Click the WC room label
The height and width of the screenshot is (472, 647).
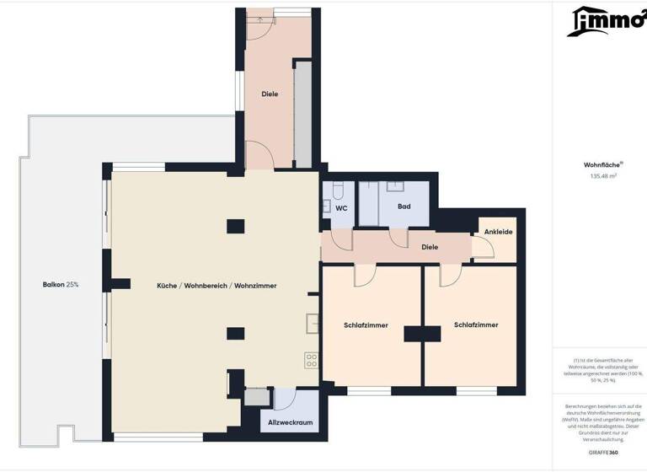click(x=341, y=207)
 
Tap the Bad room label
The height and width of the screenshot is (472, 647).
click(x=404, y=206)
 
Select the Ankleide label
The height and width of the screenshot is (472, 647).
click(x=498, y=232)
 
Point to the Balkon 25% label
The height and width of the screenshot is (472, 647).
click(x=61, y=285)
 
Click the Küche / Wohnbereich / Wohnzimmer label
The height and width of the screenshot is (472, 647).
click(x=217, y=286)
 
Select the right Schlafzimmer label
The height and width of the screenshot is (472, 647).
click(x=476, y=324)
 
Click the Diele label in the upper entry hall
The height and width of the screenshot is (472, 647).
click(x=270, y=94)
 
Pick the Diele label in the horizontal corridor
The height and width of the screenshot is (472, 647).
click(x=430, y=247)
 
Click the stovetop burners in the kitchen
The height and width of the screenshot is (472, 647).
click(x=312, y=360)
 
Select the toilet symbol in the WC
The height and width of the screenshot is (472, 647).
click(x=337, y=190)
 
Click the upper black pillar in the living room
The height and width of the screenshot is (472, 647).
click(x=236, y=226)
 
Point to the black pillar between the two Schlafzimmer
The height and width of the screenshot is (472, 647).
click(x=416, y=333)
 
